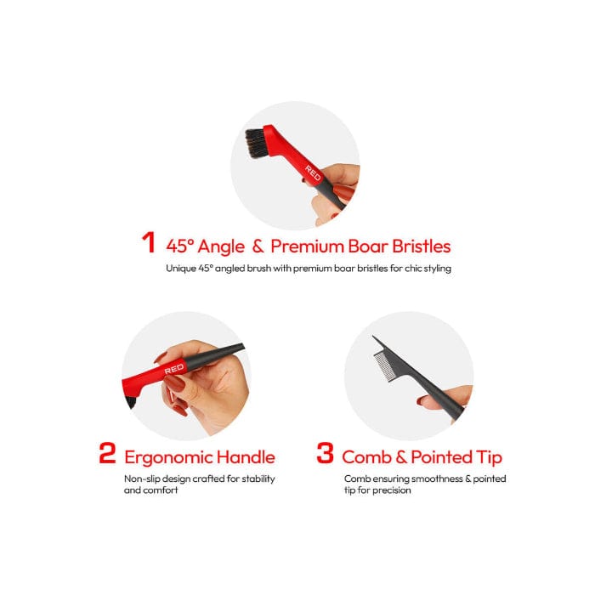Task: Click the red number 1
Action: tap(149, 243)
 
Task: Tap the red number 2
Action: tap(106, 453)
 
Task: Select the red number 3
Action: tap(325, 453)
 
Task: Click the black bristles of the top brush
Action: tap(255, 144)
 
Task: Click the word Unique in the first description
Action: tap(181, 269)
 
